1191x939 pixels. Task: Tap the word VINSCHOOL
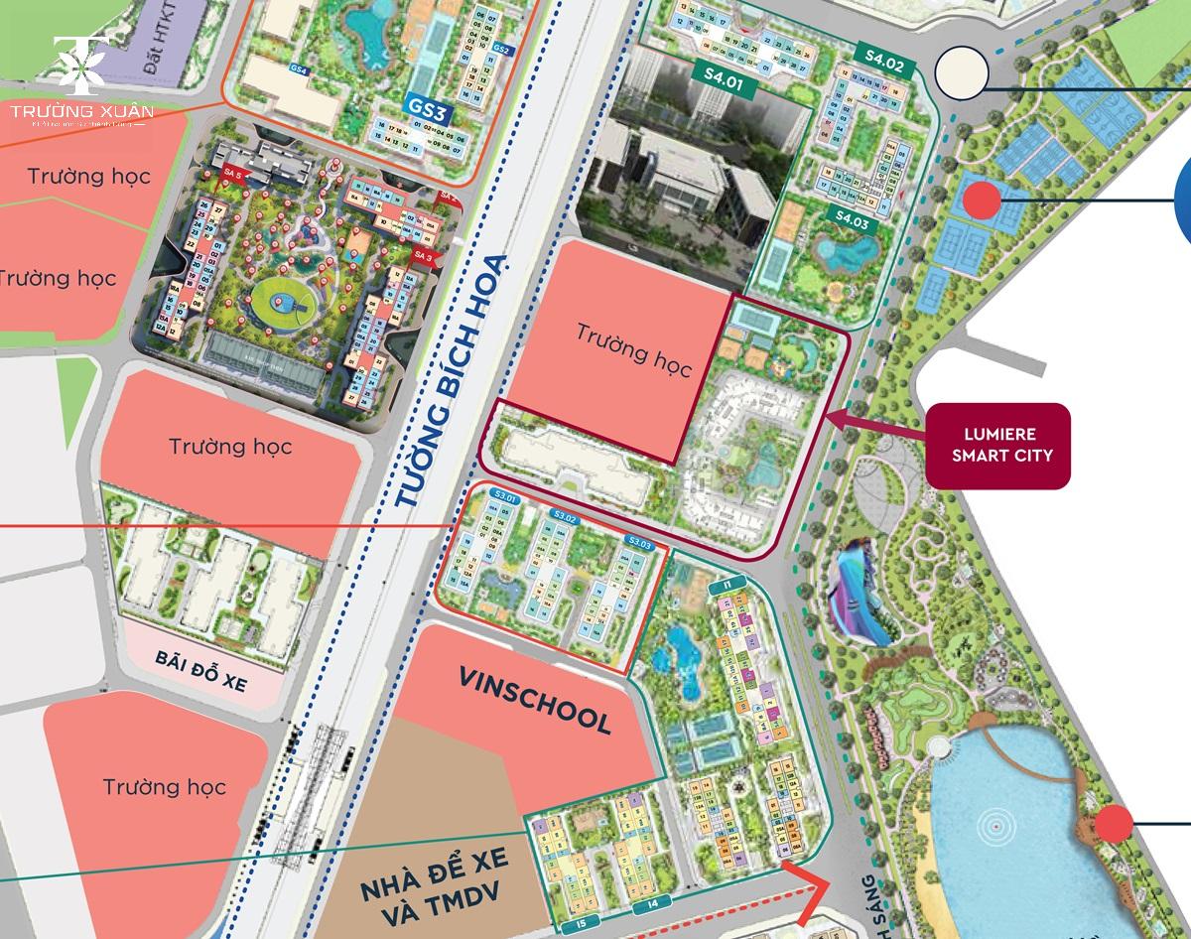(x=535, y=701)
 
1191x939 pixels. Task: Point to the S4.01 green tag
(x=723, y=73)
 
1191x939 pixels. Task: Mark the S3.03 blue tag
(x=639, y=543)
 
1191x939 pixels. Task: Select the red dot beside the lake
(x=1114, y=823)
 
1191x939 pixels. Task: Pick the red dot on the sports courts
(x=982, y=201)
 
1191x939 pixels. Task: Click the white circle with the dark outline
(x=961, y=73)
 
